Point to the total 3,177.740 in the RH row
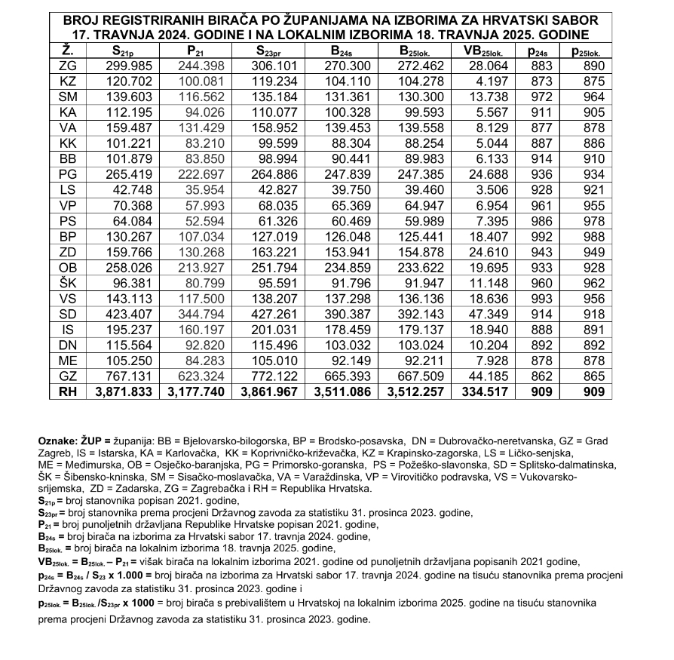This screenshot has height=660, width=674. tap(195, 392)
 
